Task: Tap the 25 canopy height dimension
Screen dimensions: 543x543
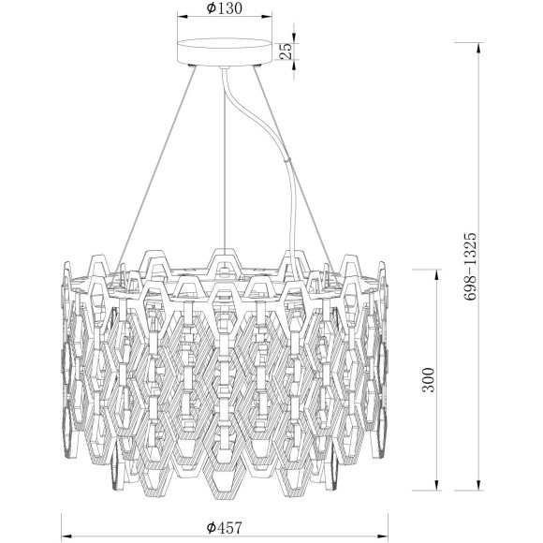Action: click(x=289, y=51)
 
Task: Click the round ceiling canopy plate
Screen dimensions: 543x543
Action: click(x=225, y=51)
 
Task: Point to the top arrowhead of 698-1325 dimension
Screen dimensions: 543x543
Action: click(x=483, y=43)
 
